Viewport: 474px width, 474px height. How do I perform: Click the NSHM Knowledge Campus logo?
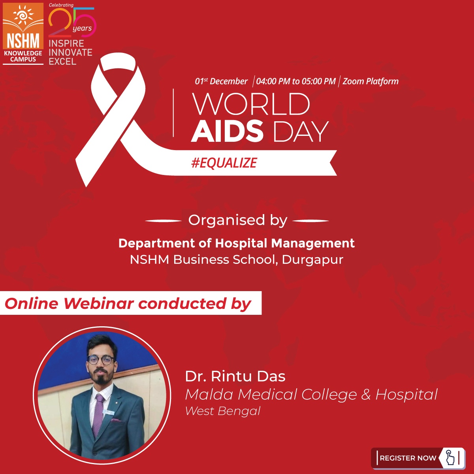[x=23, y=33]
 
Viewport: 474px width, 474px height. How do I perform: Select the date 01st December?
[x=221, y=81]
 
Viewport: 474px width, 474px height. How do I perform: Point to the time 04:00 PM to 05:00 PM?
[x=295, y=81]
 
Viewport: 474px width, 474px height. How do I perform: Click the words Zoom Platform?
[x=371, y=81]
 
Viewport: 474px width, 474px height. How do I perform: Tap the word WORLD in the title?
[x=251, y=104]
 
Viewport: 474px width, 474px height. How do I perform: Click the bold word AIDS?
[x=228, y=131]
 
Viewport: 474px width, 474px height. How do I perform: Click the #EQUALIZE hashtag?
[x=224, y=163]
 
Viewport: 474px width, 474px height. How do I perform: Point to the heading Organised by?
[x=237, y=220]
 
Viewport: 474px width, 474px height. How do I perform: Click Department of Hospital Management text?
[x=236, y=243]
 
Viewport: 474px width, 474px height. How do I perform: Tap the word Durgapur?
[x=312, y=260]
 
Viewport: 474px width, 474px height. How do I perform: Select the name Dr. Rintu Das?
[x=235, y=376]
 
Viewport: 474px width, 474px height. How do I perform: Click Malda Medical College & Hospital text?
[x=311, y=394]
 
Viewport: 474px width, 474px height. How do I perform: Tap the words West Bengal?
[x=223, y=411]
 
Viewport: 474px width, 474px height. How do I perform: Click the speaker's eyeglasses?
[x=101, y=360]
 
